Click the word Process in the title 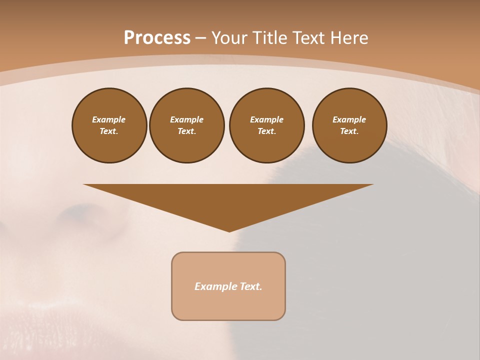pos(157,38)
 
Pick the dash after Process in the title pos(200,38)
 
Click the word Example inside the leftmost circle pos(109,119)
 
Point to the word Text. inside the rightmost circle pos(349,131)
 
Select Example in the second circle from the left pos(187,119)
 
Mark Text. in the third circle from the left pos(267,131)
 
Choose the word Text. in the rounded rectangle pos(251,286)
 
